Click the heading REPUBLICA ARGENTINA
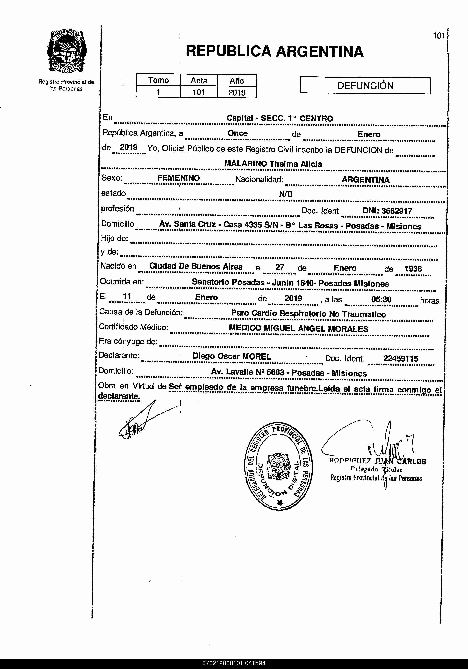(275, 51)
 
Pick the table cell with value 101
(199, 92)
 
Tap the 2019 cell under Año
(237, 93)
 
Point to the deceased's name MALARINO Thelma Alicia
(273, 164)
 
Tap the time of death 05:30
(381, 299)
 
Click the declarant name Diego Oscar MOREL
(232, 356)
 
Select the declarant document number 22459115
(401, 358)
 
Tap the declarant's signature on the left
(140, 421)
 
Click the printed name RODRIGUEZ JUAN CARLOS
(377, 461)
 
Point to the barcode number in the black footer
(234, 663)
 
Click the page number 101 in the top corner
(439, 36)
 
